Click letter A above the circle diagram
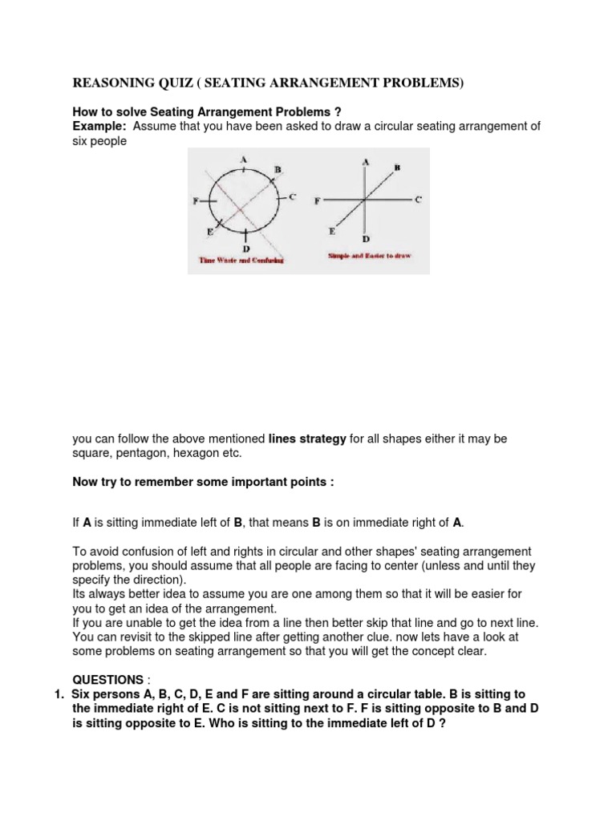tap(243, 159)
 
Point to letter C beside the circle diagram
tap(293, 196)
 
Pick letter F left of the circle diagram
tap(195, 201)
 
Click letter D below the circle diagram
tap(245, 249)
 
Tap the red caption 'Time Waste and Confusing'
tap(241, 261)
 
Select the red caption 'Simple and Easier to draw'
tap(368, 254)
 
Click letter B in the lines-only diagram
tap(396, 168)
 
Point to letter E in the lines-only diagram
tap(332, 230)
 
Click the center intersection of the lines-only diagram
tap(365, 200)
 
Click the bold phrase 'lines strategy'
tap(307, 439)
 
